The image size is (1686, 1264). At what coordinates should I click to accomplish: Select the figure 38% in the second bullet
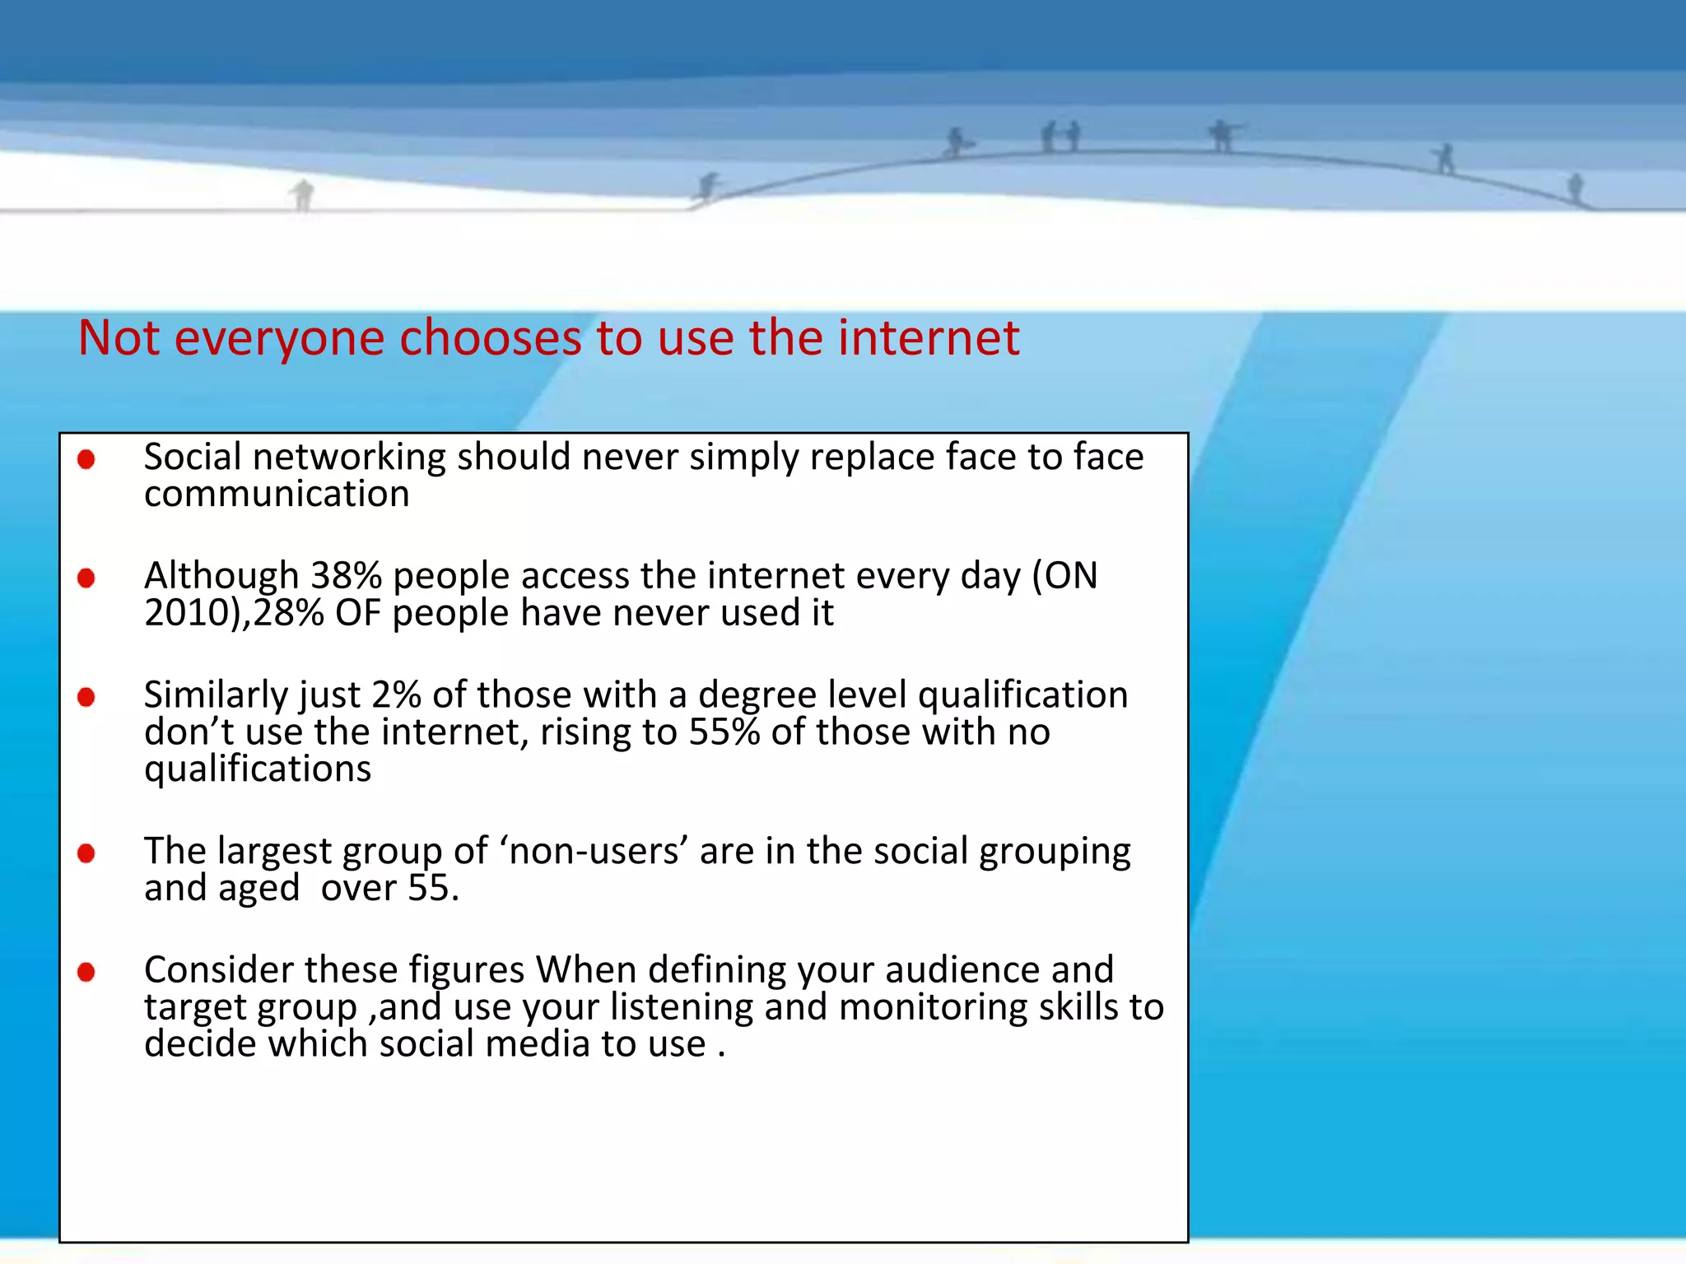(x=346, y=575)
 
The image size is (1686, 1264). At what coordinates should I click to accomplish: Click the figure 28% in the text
(x=288, y=612)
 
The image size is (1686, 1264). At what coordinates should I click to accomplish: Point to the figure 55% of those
(x=724, y=732)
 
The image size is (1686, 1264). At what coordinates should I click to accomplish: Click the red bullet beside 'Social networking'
(x=86, y=459)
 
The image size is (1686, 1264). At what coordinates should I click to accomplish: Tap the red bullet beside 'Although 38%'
(x=86, y=579)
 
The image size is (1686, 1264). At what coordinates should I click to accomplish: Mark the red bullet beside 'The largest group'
(x=86, y=853)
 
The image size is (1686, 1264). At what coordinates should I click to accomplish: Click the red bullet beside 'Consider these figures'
(x=86, y=973)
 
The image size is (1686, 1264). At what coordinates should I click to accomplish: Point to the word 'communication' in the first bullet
(x=277, y=494)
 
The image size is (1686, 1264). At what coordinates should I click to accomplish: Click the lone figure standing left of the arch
(x=303, y=195)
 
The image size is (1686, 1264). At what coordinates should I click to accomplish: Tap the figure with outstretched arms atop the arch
(x=1223, y=136)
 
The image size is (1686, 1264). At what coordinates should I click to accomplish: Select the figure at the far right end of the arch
(x=1575, y=188)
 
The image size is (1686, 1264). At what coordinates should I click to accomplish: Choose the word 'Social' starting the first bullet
(x=193, y=457)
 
